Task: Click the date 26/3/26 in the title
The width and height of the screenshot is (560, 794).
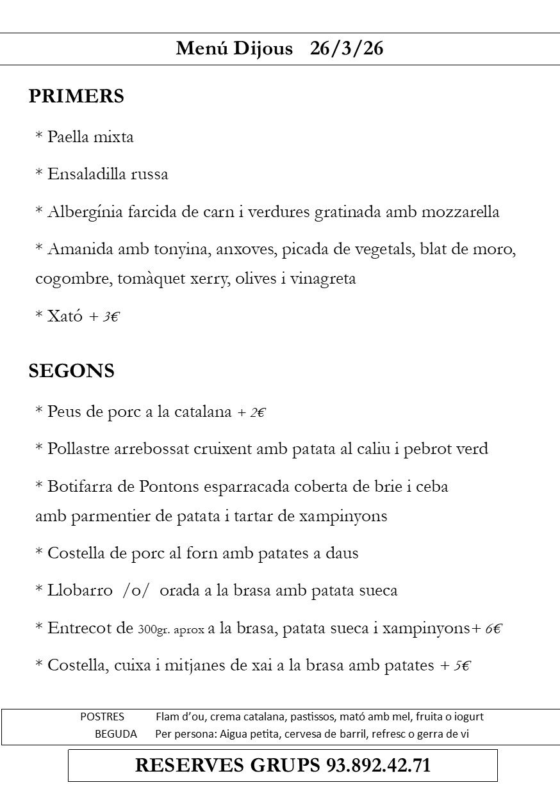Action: point(346,49)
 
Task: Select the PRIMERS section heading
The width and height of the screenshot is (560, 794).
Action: point(76,97)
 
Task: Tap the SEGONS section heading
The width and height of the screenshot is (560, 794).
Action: point(71,371)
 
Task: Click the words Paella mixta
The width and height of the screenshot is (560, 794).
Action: point(90,137)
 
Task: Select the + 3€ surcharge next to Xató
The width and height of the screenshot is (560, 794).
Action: point(104,316)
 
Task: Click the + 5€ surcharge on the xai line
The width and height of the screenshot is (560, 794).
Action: point(456,666)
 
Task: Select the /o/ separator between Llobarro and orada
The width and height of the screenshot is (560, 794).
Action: point(136,590)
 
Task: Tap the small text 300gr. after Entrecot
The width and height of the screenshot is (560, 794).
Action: point(153,629)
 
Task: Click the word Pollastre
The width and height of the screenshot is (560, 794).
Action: point(79,450)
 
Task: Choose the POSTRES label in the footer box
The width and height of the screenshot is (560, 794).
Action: point(102,717)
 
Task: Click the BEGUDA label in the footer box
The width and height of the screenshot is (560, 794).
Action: point(116,734)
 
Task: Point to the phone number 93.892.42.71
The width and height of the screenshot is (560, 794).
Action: point(378,766)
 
